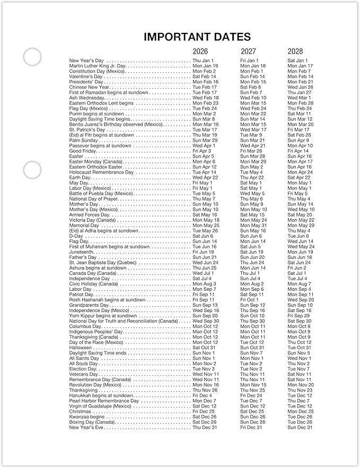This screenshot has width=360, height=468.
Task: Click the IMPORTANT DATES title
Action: (x=197, y=37)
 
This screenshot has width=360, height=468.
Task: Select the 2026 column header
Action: (x=200, y=51)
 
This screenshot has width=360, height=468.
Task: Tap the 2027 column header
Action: (x=248, y=51)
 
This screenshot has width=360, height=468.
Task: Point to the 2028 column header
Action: (x=295, y=51)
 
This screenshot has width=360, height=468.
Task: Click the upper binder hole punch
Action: (x=32, y=56)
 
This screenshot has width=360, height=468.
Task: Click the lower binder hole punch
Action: (x=32, y=169)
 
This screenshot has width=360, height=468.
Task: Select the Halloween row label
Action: (x=81, y=348)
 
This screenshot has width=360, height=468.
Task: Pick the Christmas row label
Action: (x=81, y=411)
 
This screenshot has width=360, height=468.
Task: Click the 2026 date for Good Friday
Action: (x=202, y=151)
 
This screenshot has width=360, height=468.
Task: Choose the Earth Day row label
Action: (x=80, y=178)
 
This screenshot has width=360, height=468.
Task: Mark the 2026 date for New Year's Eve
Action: (x=205, y=427)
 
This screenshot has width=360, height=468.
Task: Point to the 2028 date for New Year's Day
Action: (x=298, y=60)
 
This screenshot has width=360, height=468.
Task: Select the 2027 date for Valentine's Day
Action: (x=253, y=76)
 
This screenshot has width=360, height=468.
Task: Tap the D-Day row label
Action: (x=76, y=236)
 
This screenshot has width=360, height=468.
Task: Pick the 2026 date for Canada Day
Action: (x=203, y=273)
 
